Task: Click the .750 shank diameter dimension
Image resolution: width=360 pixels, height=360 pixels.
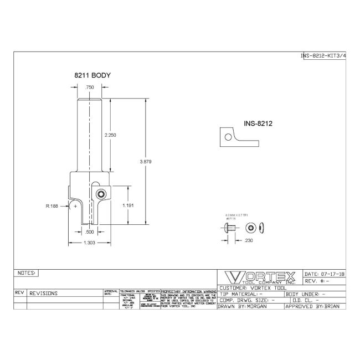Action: [89, 88]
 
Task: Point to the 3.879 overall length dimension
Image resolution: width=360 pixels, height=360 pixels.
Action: [146, 161]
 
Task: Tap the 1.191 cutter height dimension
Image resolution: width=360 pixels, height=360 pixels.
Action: [128, 205]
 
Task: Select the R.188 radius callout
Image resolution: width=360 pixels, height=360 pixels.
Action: [52, 205]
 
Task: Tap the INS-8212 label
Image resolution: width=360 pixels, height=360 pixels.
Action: [257, 124]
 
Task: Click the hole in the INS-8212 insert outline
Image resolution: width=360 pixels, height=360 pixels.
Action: [227, 136]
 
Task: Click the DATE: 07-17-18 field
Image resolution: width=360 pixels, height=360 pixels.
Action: [325, 274]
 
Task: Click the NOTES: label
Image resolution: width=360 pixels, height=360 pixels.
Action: [27, 273]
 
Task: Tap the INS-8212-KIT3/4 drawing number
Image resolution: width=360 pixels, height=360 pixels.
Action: [323, 56]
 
